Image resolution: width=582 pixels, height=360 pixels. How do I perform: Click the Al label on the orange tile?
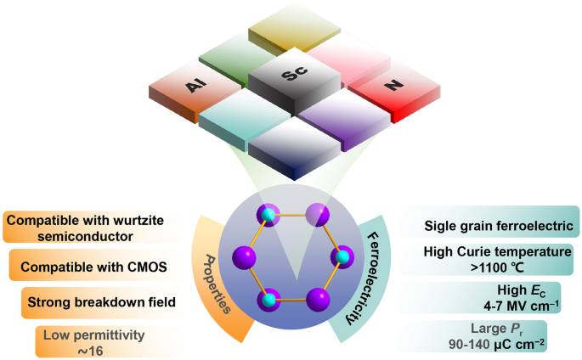[195, 87]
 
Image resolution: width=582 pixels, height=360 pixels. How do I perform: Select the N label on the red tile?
[394, 86]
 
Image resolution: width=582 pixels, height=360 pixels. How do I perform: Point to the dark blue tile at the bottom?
[294, 149]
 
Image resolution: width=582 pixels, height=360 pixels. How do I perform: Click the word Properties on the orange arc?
[218, 284]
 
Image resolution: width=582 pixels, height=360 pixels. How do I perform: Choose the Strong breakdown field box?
[102, 302]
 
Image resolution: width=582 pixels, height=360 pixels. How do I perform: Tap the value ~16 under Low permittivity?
[91, 351]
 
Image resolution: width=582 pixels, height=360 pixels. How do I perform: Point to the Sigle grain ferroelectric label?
[499, 226]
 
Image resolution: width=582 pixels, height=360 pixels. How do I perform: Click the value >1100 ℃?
[497, 267]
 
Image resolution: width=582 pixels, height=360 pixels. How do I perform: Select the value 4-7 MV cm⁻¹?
[521, 307]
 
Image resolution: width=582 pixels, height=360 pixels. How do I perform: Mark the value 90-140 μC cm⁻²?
[497, 344]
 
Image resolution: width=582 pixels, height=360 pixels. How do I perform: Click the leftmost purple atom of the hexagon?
[244, 257]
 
